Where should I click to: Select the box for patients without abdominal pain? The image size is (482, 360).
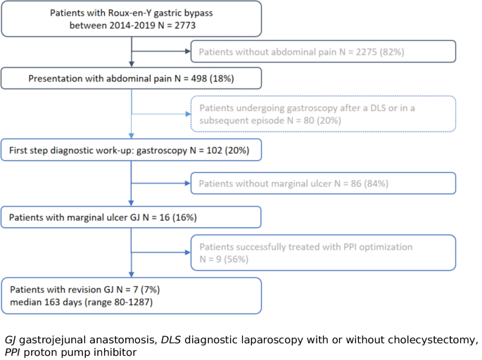(323, 51)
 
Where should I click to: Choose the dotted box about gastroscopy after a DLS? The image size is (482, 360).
(323, 113)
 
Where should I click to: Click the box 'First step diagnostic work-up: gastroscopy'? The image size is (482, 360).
(132, 150)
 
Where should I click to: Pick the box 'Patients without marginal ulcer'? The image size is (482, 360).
(323, 183)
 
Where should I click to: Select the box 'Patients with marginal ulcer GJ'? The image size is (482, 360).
(132, 217)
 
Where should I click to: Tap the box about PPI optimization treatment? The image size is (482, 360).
(323, 252)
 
